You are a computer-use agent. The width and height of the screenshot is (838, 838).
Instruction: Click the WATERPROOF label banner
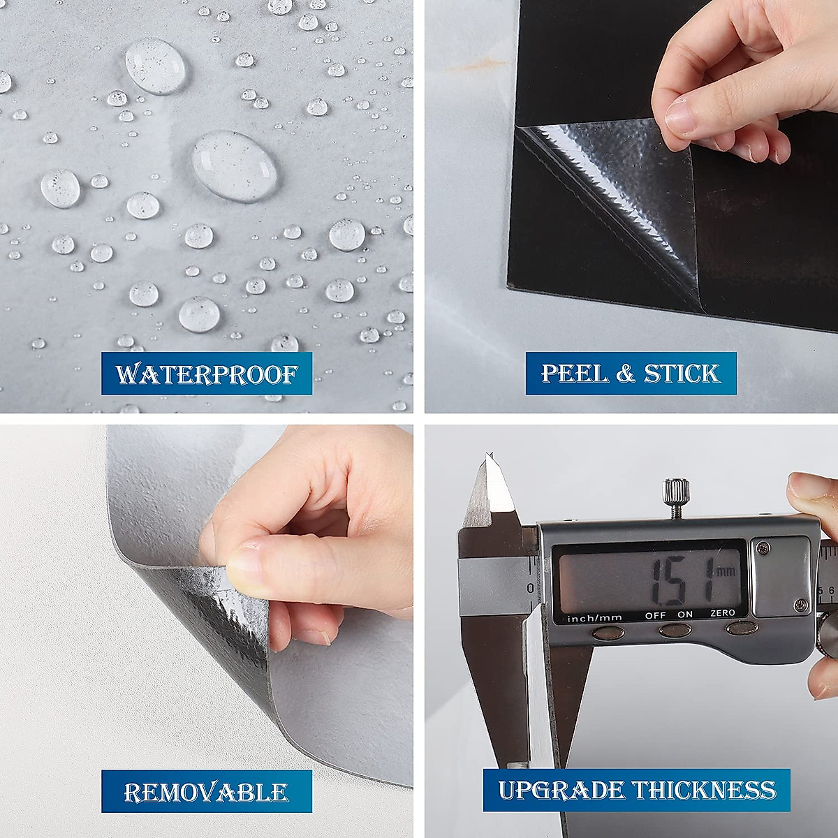point(207,374)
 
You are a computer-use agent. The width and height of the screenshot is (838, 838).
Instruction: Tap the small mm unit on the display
point(726,571)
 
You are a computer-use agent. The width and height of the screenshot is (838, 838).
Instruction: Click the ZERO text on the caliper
point(722,613)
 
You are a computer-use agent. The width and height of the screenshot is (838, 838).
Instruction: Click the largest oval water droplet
point(235,165)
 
